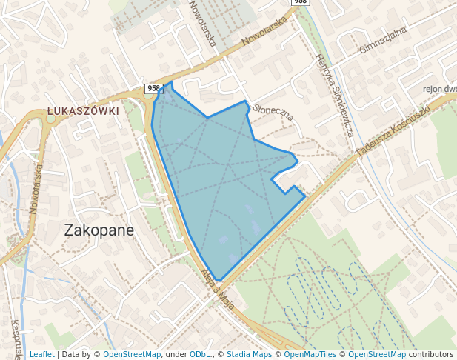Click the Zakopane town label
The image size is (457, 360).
click(x=99, y=230)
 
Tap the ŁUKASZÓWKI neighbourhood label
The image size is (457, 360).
click(x=83, y=111)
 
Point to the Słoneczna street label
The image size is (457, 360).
click(x=273, y=111)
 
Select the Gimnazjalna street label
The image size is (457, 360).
click(x=383, y=41)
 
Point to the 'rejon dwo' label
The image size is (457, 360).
click(x=438, y=89)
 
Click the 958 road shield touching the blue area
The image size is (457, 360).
click(x=153, y=88)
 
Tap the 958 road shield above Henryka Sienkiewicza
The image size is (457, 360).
click(x=299, y=2)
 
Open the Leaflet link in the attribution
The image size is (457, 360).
click(x=41, y=355)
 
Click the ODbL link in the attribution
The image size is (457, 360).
click(x=199, y=355)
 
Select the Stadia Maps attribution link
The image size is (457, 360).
click(x=249, y=355)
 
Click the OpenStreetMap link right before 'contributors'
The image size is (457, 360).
click(x=377, y=355)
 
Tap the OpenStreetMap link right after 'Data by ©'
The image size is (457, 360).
click(x=132, y=355)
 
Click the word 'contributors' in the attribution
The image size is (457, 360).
click(x=431, y=355)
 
